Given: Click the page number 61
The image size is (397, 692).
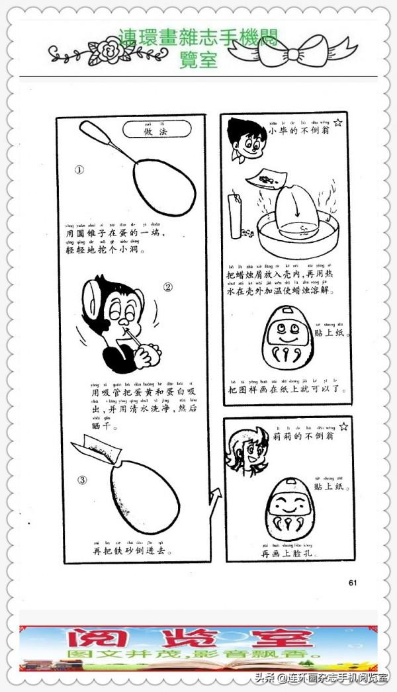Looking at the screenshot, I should pyautogui.click(x=352, y=583).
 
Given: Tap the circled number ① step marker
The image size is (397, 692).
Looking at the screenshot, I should pyautogui.click(x=79, y=169).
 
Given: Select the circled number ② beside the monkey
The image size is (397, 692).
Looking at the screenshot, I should pyautogui.click(x=167, y=287).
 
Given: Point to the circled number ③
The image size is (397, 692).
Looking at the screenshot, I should pyautogui.click(x=82, y=480).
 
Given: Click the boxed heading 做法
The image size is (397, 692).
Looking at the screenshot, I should pyautogui.click(x=157, y=130).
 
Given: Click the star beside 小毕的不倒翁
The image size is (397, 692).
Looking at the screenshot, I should pyautogui.click(x=338, y=122).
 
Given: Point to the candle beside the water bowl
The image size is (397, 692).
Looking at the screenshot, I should pyautogui.click(x=233, y=216).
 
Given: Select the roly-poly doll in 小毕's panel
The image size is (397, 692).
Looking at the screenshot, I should pyautogui.click(x=287, y=337).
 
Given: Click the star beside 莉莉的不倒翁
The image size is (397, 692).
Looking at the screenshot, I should pyautogui.click(x=342, y=427).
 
